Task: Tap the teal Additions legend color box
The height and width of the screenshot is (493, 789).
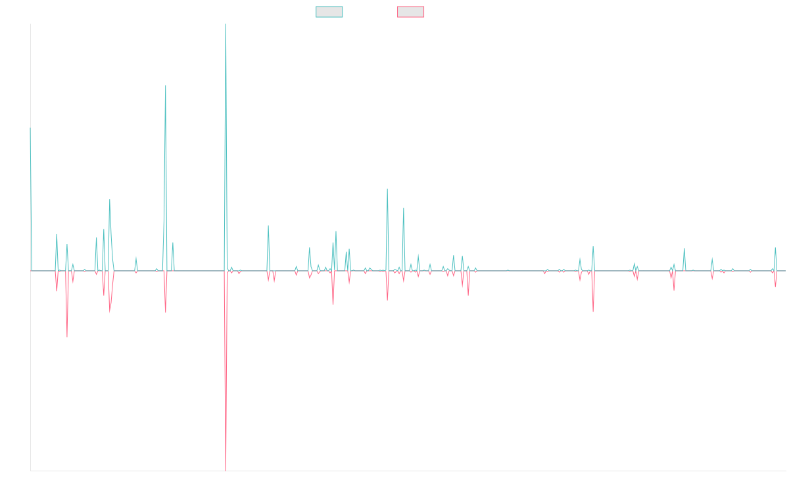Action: coord(329,12)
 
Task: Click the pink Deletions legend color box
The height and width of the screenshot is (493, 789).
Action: coord(410,12)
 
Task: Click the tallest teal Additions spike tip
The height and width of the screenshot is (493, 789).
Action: coord(226,25)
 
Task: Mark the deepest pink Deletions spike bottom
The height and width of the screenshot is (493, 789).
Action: coord(226,470)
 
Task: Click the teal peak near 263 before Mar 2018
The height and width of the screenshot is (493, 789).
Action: coord(166,85)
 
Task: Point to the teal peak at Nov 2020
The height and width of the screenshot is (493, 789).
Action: coord(387,189)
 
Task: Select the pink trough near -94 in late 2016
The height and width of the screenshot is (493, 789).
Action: coord(67,337)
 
